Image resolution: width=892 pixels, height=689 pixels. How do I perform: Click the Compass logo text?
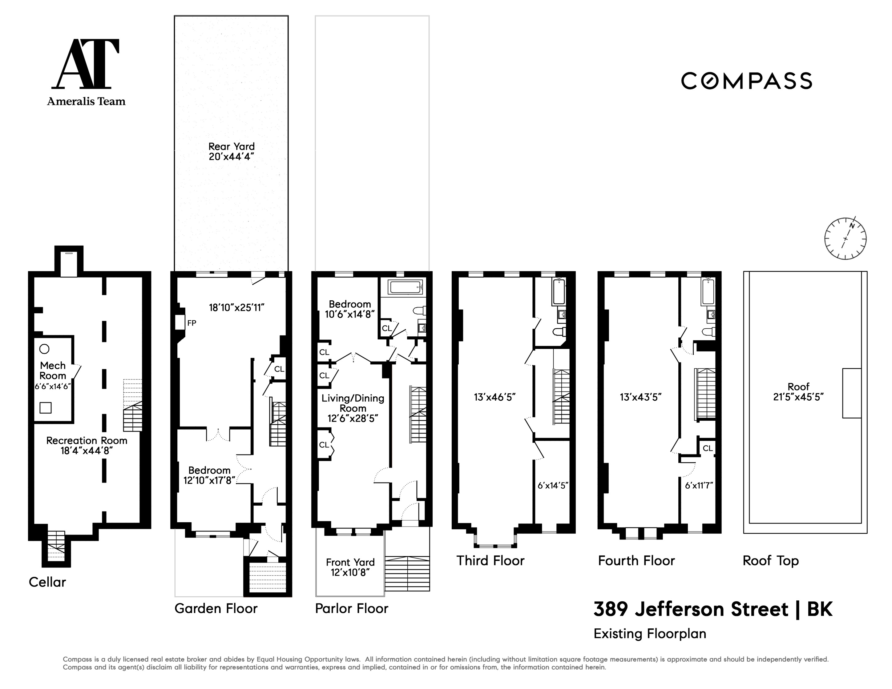746,81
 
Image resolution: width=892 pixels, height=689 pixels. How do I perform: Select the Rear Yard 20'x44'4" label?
231,151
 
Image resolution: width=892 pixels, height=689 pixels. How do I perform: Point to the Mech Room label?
53,370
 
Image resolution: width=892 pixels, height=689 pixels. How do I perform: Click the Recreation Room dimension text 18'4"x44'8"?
87,451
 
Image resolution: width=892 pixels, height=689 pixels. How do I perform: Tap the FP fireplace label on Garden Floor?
192,323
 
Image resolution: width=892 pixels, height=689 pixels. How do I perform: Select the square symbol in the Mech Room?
45,407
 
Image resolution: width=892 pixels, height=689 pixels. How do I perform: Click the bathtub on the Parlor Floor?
406,287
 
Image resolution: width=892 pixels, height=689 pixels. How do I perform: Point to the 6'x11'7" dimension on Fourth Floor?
699,485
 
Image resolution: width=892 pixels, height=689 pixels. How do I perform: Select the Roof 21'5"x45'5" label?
798,391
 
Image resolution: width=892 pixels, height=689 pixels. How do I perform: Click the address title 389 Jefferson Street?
691,609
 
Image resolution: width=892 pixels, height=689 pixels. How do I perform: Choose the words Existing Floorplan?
649,634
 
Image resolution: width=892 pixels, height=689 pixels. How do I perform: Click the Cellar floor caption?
47,582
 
